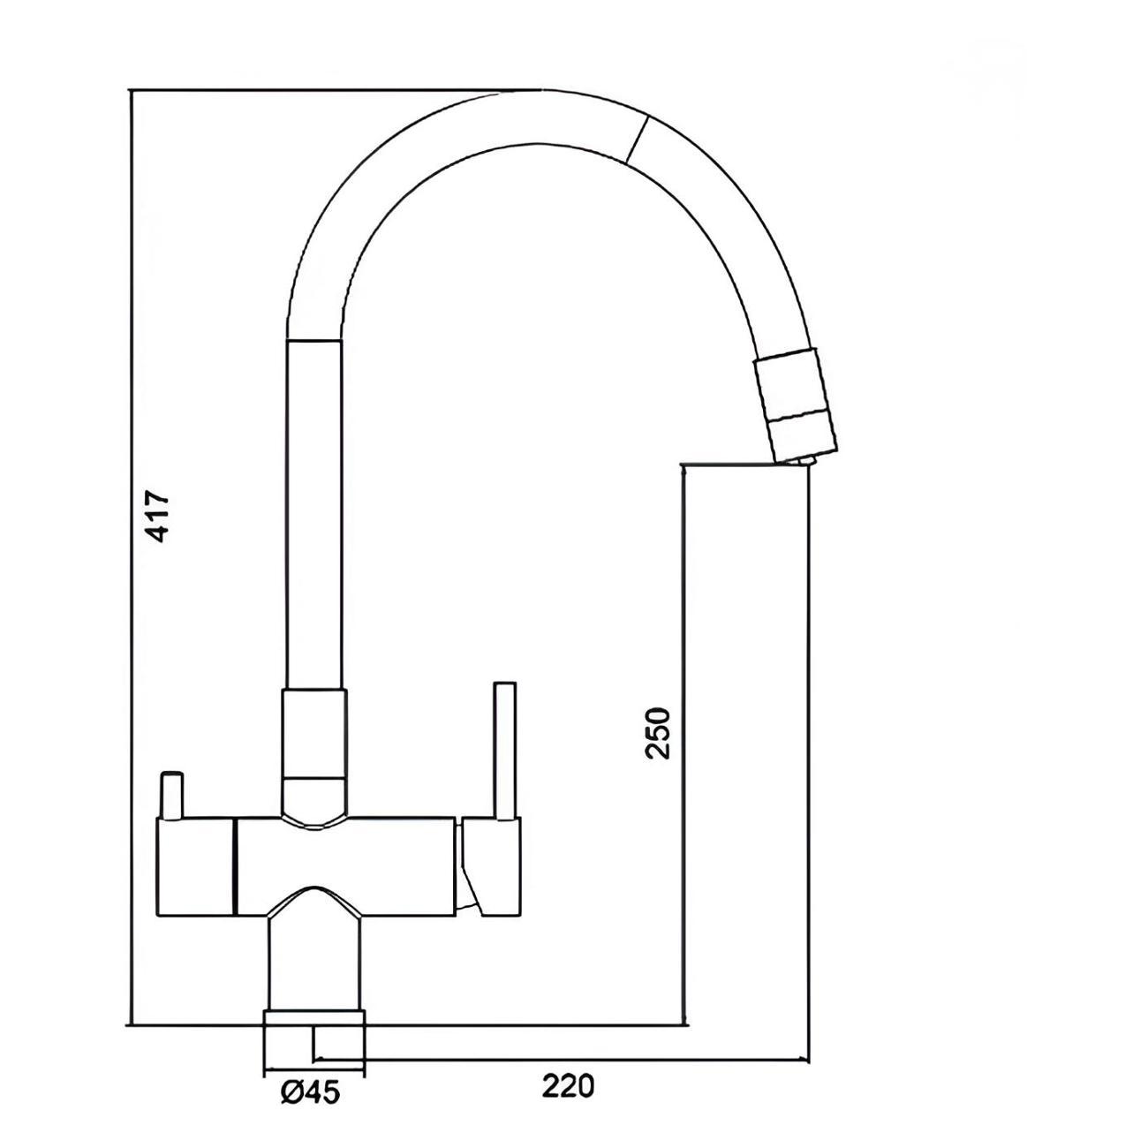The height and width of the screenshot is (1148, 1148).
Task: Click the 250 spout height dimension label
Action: coord(659,732)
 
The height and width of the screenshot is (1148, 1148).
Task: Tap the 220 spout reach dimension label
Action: coord(568,1085)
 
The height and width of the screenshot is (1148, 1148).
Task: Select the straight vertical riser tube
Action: coord(313,512)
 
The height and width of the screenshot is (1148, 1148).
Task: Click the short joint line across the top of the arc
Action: coord(637,139)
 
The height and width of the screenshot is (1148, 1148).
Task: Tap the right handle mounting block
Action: coord(490,865)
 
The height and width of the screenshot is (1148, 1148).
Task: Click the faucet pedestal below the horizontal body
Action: coord(314,963)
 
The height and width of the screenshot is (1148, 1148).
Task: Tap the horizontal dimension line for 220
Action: coord(565,1059)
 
